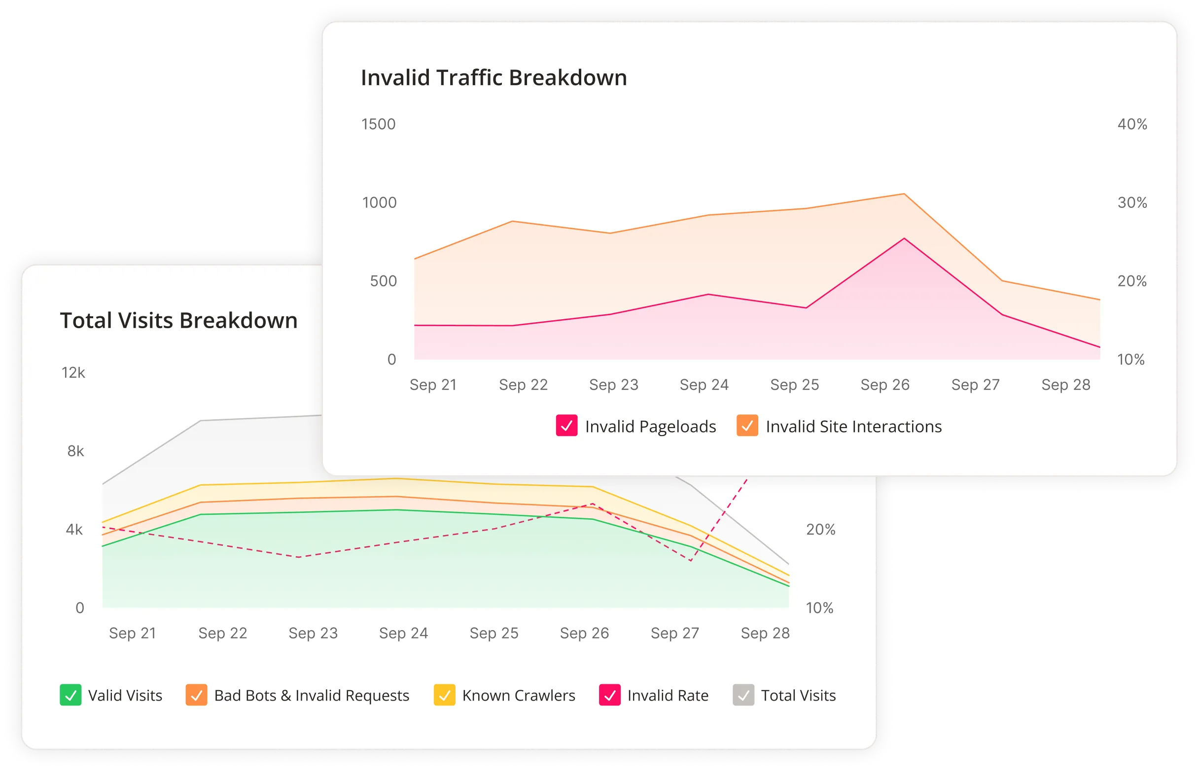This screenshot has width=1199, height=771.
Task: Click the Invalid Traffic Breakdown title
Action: click(x=494, y=78)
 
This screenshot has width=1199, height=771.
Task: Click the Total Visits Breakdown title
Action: click(x=178, y=321)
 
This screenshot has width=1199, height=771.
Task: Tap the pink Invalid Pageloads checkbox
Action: click(x=566, y=426)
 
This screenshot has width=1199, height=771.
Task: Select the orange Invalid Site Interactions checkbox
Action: click(x=746, y=426)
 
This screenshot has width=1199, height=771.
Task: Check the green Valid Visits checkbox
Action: click(x=70, y=696)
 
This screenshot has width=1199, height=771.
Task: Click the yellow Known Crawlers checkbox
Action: click(x=444, y=696)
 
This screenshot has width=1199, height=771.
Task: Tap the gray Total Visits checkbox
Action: click(x=743, y=696)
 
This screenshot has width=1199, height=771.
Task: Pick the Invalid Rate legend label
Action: click(x=668, y=696)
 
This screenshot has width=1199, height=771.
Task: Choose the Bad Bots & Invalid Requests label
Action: click(x=311, y=696)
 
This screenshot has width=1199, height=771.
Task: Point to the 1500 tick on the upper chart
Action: click(x=378, y=124)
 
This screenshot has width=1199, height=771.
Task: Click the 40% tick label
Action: click(x=1132, y=124)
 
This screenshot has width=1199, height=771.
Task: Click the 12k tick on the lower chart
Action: click(x=73, y=373)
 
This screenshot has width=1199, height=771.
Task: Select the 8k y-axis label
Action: click(x=75, y=452)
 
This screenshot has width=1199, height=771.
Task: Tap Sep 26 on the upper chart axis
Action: click(x=885, y=385)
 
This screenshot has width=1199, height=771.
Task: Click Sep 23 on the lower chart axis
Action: click(x=313, y=634)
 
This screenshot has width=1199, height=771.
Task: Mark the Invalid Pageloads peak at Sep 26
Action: click(x=904, y=238)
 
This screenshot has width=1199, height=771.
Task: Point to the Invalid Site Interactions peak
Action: click(x=904, y=194)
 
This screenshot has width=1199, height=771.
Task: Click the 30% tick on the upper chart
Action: click(x=1132, y=203)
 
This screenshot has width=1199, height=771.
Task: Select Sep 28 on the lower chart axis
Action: click(x=765, y=634)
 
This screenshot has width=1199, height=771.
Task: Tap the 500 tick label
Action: click(x=383, y=281)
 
